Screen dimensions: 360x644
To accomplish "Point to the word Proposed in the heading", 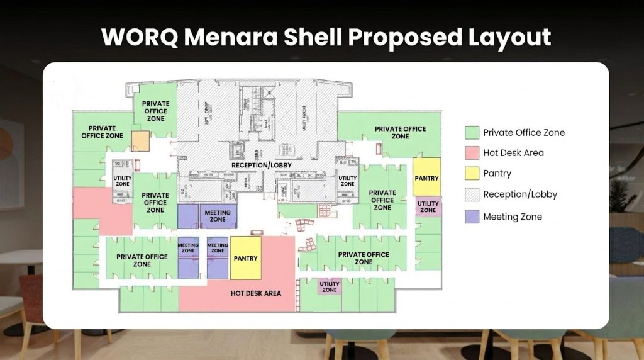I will point(387,37).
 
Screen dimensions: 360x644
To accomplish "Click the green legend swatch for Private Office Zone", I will point(472,132).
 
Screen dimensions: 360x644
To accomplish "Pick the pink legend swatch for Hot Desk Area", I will point(472,153).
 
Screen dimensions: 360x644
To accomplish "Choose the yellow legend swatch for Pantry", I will point(472,174).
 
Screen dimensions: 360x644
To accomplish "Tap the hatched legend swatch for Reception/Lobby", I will point(472,194).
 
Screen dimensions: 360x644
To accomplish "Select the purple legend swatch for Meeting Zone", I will point(472,217).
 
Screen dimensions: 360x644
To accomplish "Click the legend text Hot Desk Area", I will point(513,153).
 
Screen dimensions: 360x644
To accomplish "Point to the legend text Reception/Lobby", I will point(520,194).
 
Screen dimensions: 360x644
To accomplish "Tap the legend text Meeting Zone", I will point(513,217).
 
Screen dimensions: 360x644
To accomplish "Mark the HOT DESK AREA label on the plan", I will point(255,293).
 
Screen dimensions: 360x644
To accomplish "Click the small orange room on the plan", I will point(140,141).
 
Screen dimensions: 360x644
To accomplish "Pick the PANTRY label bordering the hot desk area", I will point(245,258).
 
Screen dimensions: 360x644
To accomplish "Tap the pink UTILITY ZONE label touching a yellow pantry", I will point(428,206).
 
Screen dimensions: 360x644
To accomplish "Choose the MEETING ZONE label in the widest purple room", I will point(218,216).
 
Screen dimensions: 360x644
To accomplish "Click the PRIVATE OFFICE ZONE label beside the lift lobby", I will point(155,111).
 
